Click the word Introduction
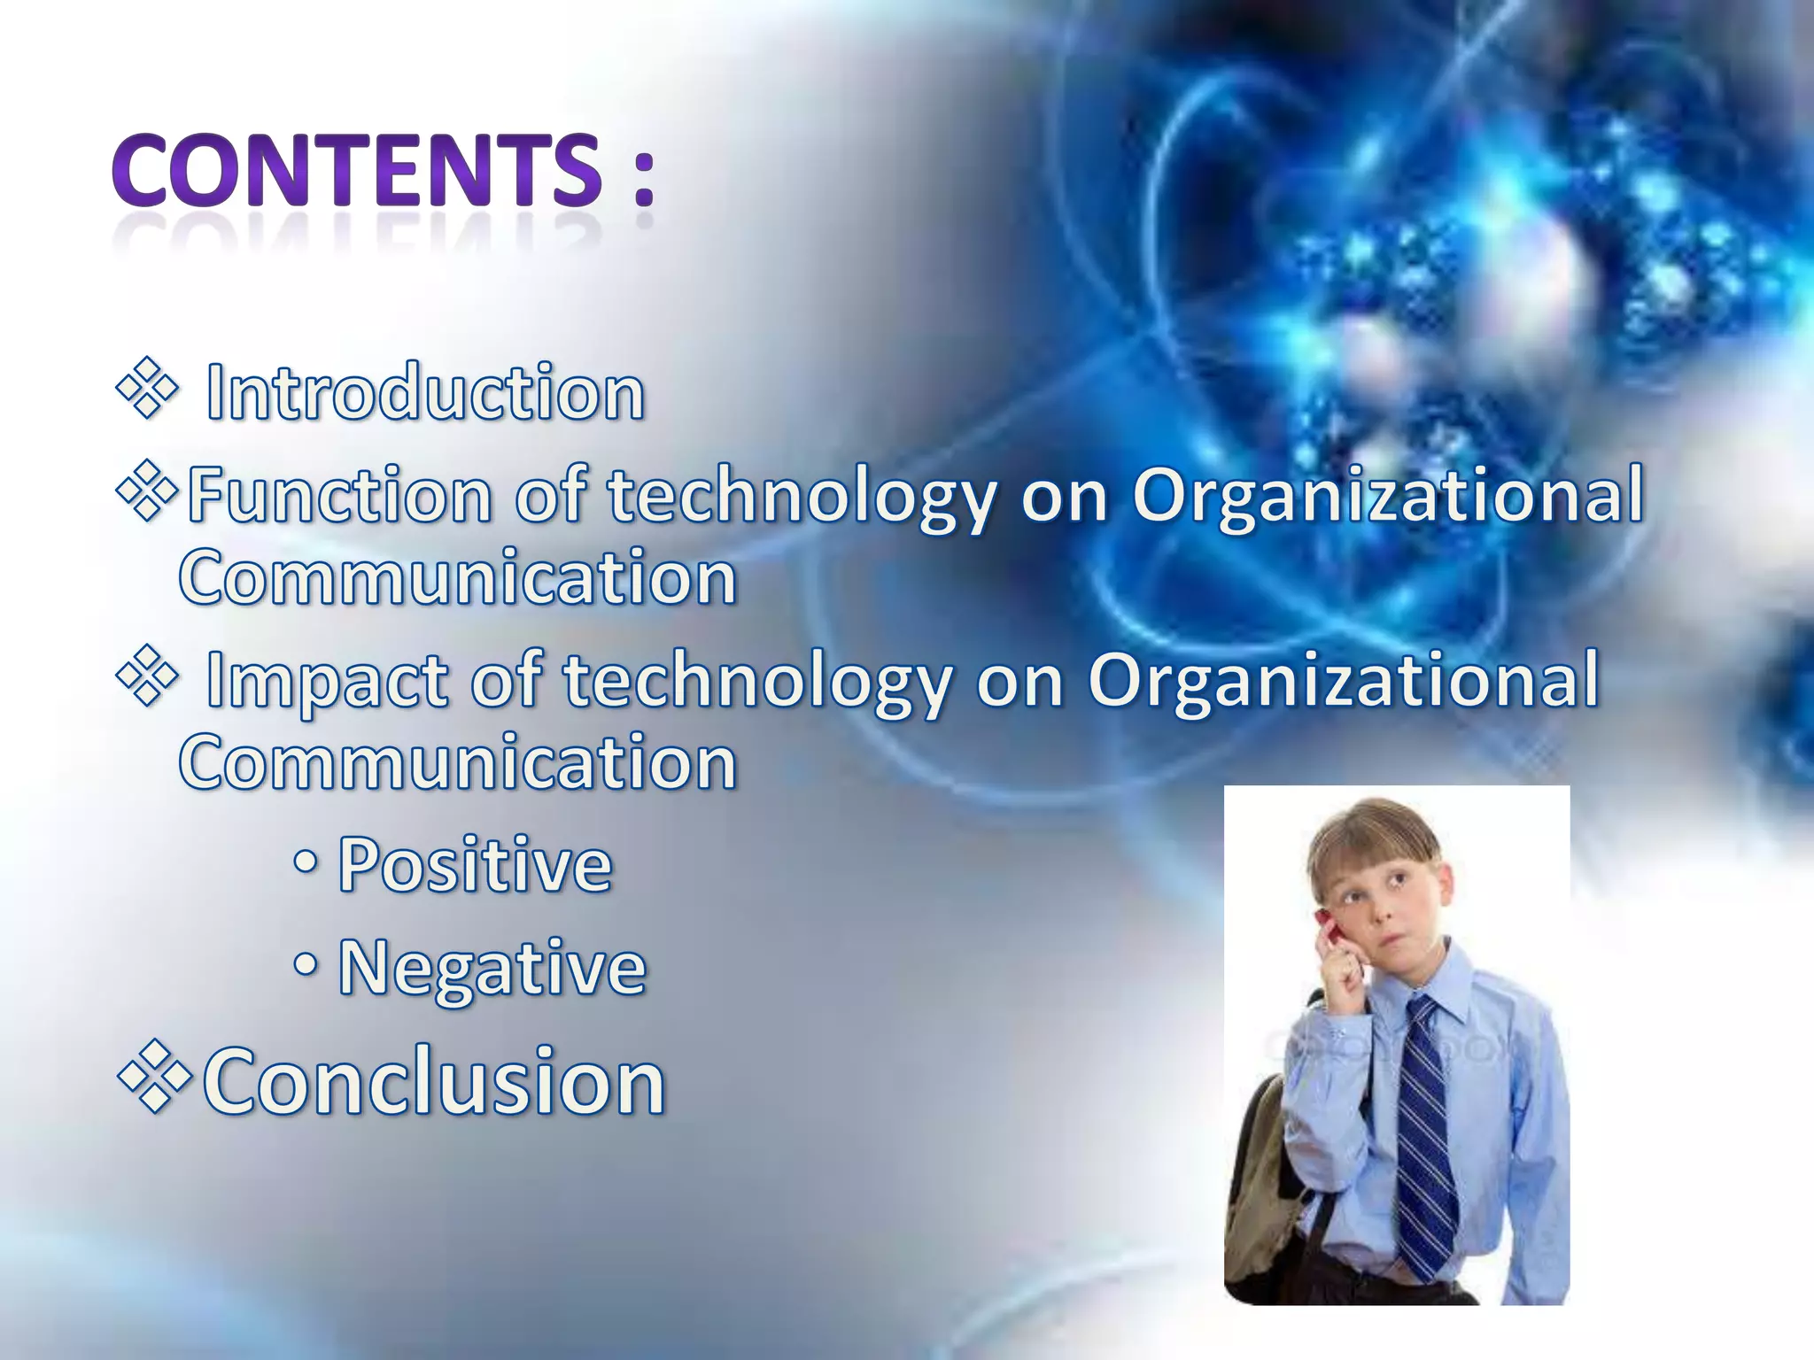[425, 392]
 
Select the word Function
[339, 495]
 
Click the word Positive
[475, 865]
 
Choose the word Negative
[492, 968]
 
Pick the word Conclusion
[434, 1081]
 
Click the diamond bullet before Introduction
[147, 387]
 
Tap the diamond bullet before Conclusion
[154, 1077]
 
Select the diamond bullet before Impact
[147, 677]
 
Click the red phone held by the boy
[1326, 930]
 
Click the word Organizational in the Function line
[1388, 495]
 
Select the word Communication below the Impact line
[458, 762]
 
